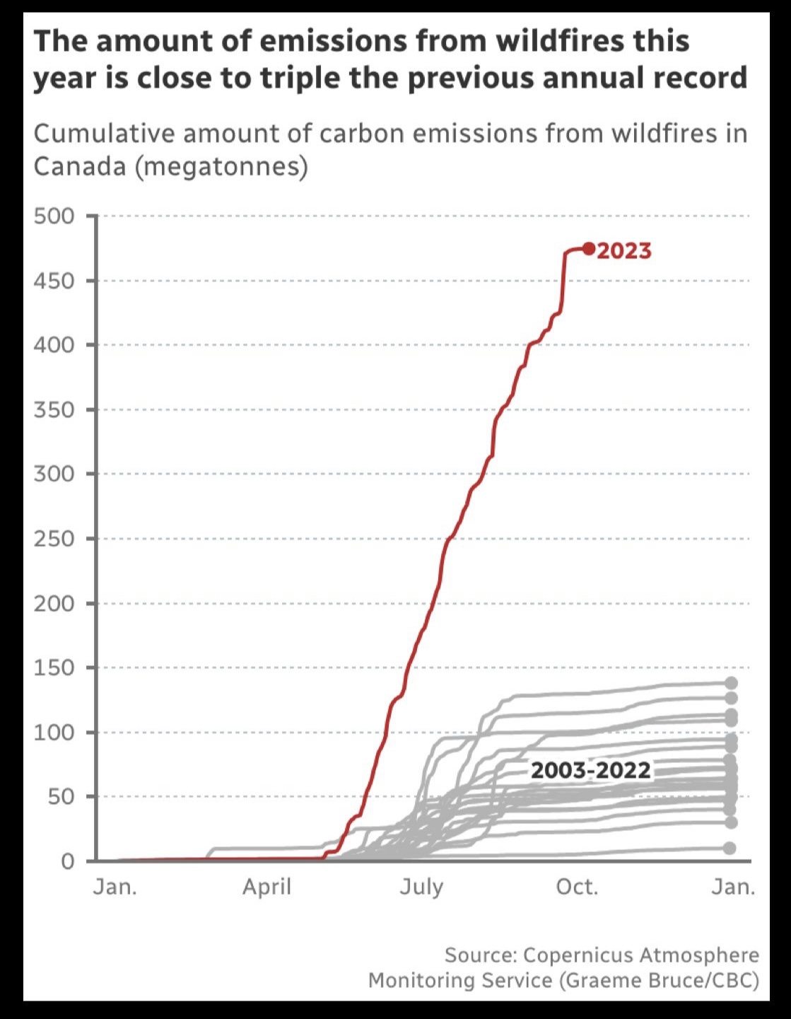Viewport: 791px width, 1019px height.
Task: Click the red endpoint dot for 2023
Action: point(589,249)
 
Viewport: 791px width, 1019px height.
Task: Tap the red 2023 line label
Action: point(624,251)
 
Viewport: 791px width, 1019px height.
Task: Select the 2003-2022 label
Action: point(590,769)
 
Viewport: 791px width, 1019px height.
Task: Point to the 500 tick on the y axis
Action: point(54,216)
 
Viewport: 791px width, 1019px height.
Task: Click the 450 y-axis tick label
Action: point(54,281)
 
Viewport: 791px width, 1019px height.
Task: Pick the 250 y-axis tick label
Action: point(54,539)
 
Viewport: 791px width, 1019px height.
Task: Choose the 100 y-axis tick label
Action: point(54,732)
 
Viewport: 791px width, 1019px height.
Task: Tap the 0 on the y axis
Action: point(67,861)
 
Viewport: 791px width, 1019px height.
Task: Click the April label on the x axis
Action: point(266,887)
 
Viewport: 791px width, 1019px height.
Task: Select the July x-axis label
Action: point(421,887)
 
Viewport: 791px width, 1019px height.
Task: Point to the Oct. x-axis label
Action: point(577,887)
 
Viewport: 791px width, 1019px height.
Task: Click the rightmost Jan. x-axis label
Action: point(733,887)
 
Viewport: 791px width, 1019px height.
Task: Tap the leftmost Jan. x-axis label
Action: point(115,887)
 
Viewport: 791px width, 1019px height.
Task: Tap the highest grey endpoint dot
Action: point(731,683)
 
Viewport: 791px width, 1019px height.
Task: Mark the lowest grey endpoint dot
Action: point(730,848)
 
